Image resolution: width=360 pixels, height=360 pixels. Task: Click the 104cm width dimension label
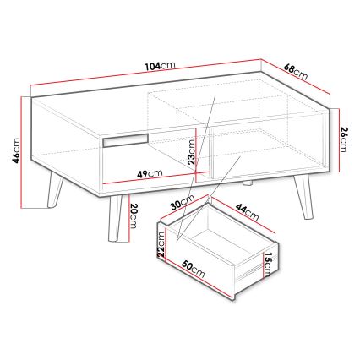[161, 66]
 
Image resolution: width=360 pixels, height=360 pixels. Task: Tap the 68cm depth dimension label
[296, 72]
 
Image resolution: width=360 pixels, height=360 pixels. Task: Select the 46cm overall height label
[16, 150]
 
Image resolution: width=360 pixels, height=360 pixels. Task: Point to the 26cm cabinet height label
[344, 139]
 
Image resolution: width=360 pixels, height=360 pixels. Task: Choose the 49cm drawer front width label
[150, 173]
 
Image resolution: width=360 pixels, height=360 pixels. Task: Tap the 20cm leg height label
[134, 215]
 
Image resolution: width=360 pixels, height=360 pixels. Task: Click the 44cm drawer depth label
[248, 212]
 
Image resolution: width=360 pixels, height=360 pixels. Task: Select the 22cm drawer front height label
[161, 244]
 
